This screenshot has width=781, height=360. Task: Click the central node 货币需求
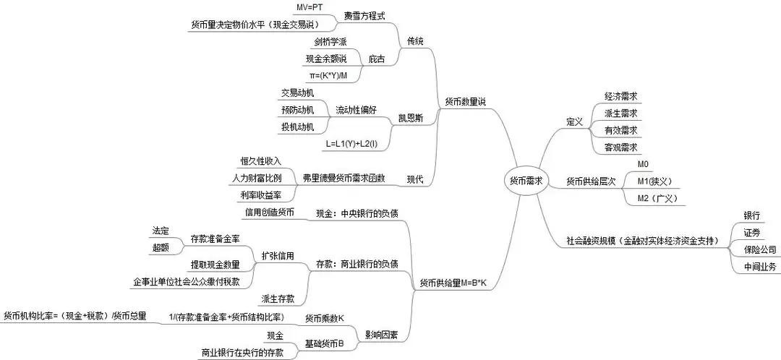(x=526, y=180)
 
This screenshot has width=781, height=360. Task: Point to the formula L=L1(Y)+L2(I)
(x=356, y=144)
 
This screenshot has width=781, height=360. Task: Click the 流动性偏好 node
(x=356, y=110)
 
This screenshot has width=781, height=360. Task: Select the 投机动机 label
(x=297, y=127)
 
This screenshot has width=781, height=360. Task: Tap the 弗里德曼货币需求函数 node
(x=343, y=177)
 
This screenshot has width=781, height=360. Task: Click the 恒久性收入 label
(x=260, y=160)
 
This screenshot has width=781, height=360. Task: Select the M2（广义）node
(x=656, y=197)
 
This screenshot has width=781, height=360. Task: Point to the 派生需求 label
(x=620, y=113)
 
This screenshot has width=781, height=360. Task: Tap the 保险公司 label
(x=759, y=249)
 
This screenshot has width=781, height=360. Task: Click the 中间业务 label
(x=759, y=267)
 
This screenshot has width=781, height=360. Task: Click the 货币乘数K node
(x=324, y=317)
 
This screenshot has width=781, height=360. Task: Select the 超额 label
(x=161, y=247)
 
